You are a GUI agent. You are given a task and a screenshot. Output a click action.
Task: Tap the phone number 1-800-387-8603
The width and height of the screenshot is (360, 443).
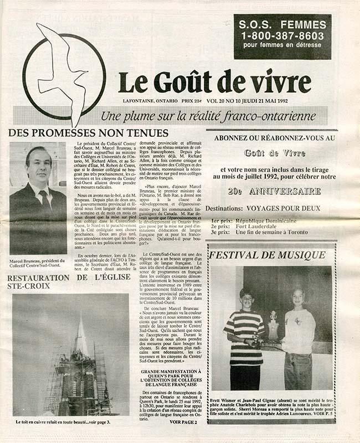tap(282, 36)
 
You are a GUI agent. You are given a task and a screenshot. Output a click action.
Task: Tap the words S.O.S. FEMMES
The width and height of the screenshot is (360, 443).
tap(282, 24)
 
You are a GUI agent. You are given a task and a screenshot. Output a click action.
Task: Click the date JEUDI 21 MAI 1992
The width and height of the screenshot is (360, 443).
tap(295, 101)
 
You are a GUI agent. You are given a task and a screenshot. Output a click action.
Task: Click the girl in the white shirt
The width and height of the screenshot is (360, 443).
tap(300, 338)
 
